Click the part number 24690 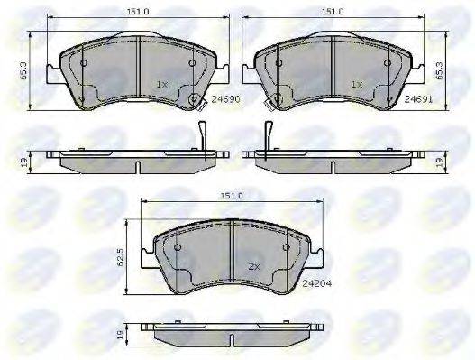click(225, 99)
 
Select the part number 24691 click(418, 99)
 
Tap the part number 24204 click(317, 283)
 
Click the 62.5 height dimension click(121, 256)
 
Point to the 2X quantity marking click(254, 267)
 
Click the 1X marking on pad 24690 click(161, 85)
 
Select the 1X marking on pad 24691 click(357, 85)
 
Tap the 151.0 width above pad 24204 click(232, 196)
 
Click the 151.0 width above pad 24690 click(138, 12)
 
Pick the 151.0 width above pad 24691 click(333, 12)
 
